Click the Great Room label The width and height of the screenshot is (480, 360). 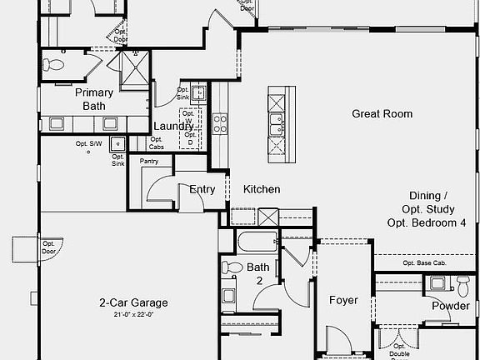point(382,114)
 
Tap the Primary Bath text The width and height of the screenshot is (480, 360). point(93,99)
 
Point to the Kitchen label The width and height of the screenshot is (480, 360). point(261,189)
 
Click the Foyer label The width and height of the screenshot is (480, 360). point(342,300)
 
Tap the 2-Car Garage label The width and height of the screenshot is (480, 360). point(133,302)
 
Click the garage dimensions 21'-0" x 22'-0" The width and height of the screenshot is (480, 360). point(133,314)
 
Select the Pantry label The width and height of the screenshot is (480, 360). point(149,161)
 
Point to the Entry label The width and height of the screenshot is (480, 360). point(202,189)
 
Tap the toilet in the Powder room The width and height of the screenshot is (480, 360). point(462,285)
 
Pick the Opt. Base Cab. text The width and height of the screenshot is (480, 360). point(424,263)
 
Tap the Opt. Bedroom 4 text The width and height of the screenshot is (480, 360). point(426,222)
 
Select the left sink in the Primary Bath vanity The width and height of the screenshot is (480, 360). point(56,123)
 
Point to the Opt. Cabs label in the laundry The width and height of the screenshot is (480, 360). point(162,147)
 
